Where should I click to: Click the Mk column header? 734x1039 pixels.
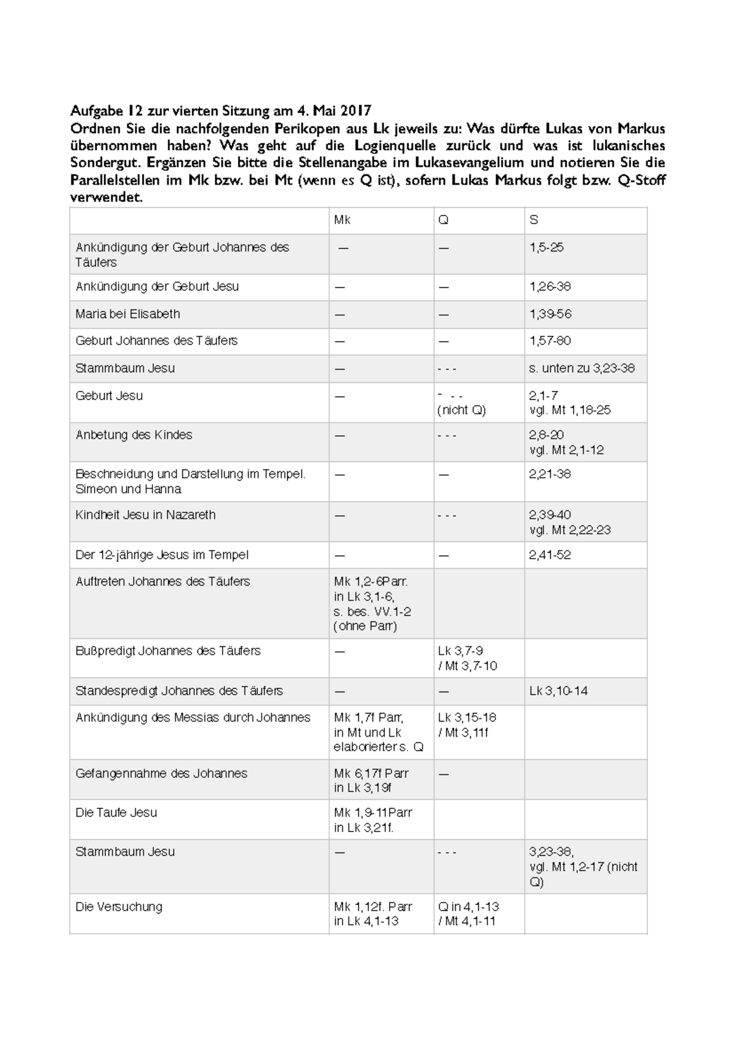coord(342,220)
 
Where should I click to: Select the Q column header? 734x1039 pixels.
coord(443,220)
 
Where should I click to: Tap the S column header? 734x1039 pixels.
coord(534,220)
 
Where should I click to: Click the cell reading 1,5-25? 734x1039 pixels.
coord(547,248)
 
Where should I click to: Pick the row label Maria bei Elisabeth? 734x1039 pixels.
coord(128,314)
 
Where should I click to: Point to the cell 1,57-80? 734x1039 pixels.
coord(550,341)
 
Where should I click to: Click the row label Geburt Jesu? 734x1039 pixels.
coord(109,396)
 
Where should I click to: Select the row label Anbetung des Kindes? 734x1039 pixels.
coord(133,435)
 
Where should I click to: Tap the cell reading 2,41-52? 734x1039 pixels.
coord(550,555)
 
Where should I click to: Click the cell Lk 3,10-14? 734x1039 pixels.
coord(558,691)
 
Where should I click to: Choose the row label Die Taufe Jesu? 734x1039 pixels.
coord(116,813)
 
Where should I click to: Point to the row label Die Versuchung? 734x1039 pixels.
coord(119,907)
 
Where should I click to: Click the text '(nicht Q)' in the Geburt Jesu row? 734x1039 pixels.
coord(462,411)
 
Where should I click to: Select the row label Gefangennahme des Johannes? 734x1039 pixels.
coord(161,773)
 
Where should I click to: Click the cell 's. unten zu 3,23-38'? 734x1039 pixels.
coord(582,368)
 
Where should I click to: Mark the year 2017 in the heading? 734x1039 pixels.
coord(356,111)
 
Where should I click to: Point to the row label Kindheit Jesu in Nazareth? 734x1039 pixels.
coord(146,515)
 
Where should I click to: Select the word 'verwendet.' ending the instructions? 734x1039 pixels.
coord(106,198)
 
